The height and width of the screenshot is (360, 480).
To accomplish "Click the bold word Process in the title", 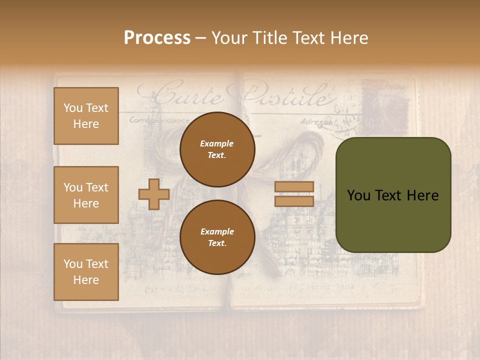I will [157, 38].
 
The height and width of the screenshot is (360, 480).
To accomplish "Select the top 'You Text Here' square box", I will [86, 116].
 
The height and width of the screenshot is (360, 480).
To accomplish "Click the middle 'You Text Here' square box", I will [86, 195].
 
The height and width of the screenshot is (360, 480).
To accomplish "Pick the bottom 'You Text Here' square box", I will [86, 272].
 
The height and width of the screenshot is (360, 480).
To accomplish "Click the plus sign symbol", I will [154, 194].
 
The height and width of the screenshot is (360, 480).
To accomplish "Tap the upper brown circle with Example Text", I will [217, 149].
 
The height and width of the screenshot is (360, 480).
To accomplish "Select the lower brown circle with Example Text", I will [217, 237].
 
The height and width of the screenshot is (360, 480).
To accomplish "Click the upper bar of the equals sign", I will [294, 187].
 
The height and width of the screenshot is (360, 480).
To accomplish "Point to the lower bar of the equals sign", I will [294, 201].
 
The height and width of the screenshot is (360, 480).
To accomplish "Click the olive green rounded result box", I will [393, 195].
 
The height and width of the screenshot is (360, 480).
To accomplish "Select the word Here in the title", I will [349, 38].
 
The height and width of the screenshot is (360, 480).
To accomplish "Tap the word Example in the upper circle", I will [216, 143].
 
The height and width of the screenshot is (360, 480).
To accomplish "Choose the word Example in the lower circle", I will [217, 231].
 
